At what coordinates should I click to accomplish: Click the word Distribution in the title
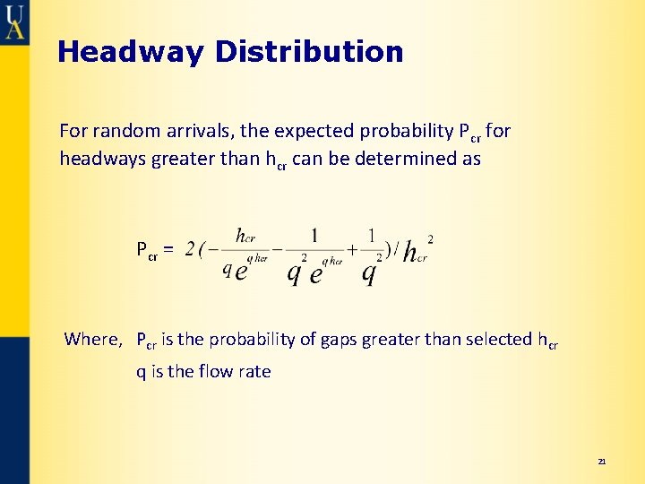pyautogui.click(x=309, y=52)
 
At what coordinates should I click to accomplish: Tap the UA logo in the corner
pyautogui.click(x=14, y=21)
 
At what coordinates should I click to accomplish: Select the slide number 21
pyautogui.click(x=602, y=462)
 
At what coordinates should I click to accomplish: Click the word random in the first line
pyautogui.click(x=125, y=131)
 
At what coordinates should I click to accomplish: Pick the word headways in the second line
pyautogui.click(x=100, y=159)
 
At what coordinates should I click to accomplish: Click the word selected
pyautogui.click(x=489, y=339)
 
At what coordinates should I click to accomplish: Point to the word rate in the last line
pyautogui.click(x=254, y=371)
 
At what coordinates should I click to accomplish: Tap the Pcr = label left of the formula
pyautogui.click(x=155, y=248)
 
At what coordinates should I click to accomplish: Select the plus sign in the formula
pyautogui.click(x=352, y=250)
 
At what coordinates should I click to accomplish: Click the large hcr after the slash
pyautogui.click(x=415, y=254)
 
